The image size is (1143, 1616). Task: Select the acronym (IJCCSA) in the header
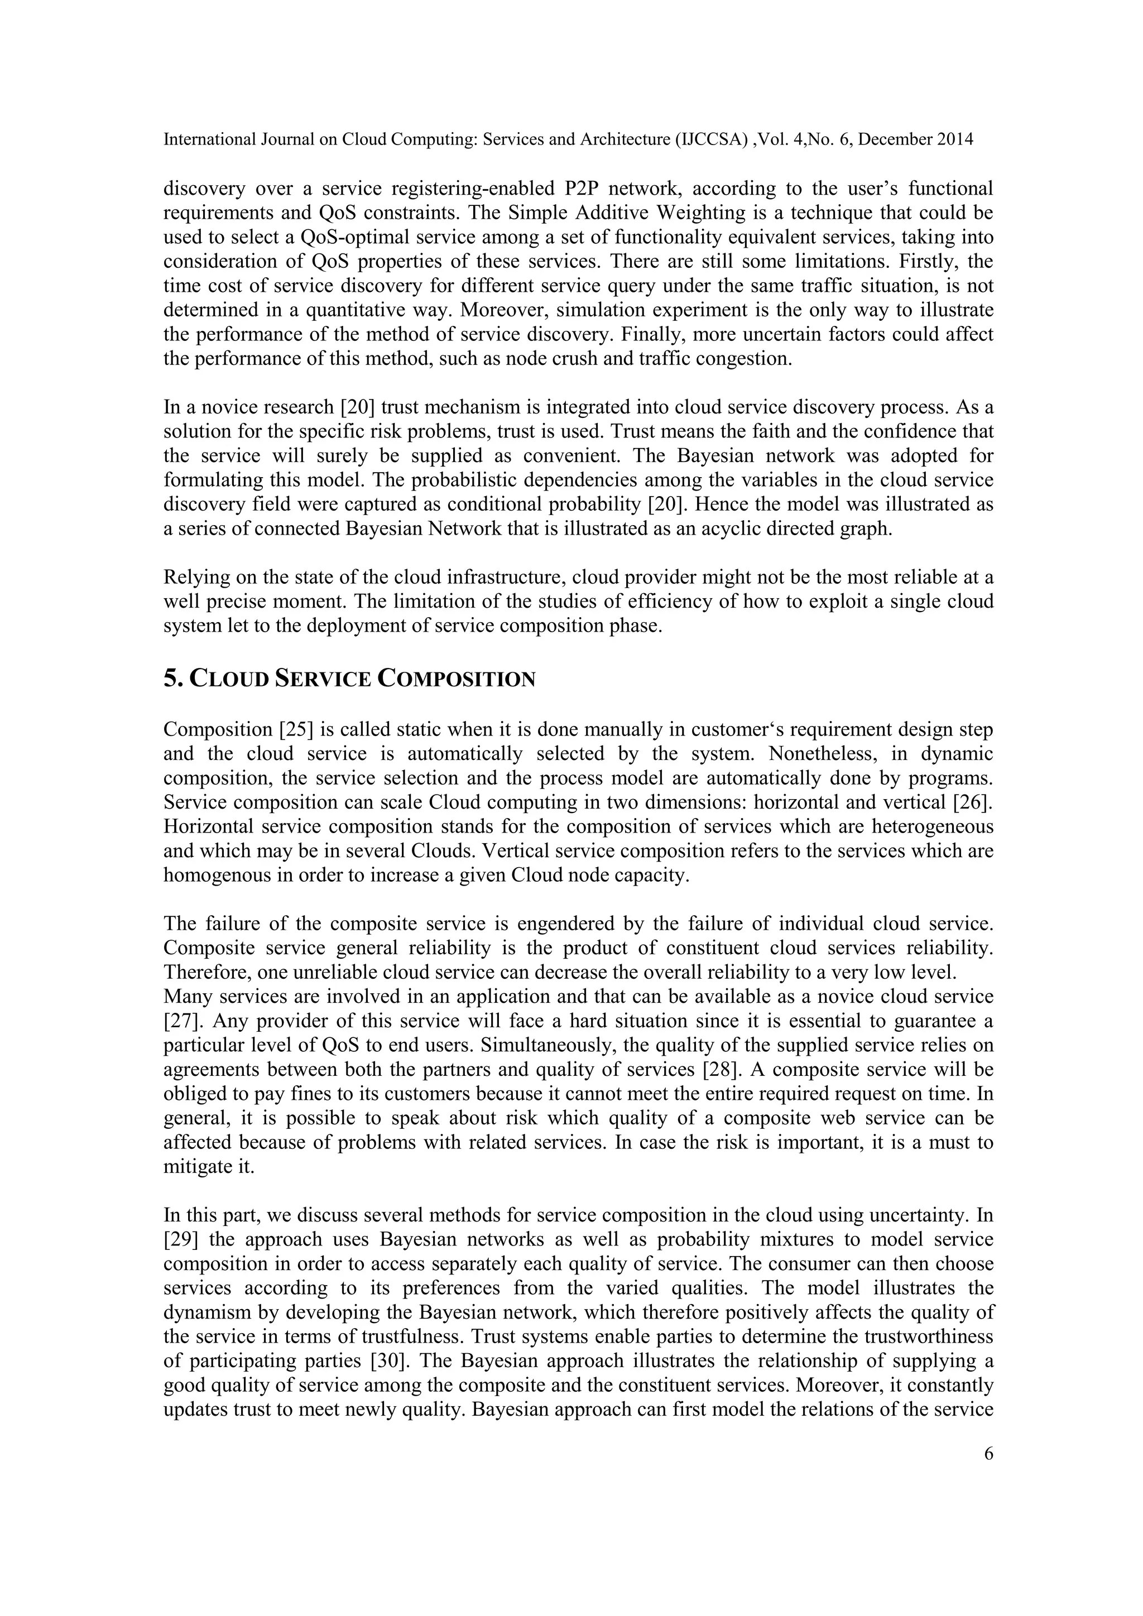[x=710, y=140]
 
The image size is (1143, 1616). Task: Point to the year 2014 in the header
[x=954, y=140]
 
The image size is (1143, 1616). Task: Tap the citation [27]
[x=180, y=1021]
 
